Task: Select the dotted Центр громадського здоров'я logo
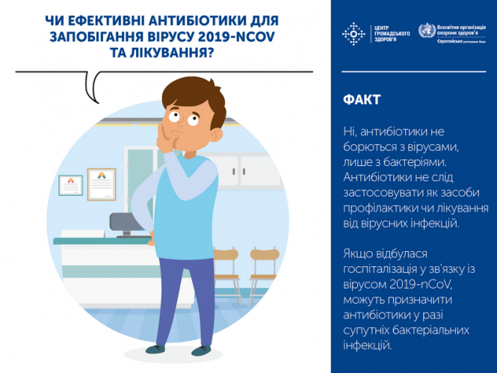[351, 33]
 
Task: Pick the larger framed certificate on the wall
[102, 181]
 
